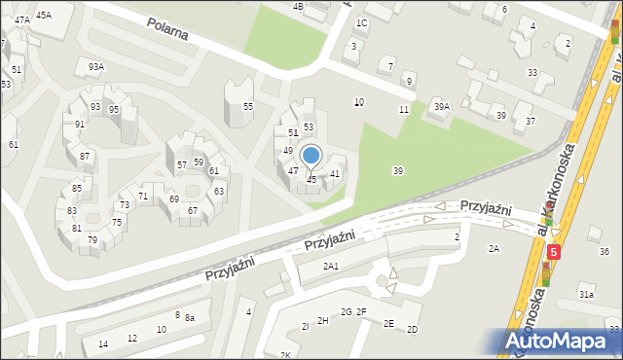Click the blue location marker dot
point(311,155)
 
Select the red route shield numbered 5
point(554,251)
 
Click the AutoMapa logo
point(560,342)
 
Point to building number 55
point(248,106)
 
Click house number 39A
point(442,107)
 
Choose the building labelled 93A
point(95,66)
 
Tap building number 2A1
point(331,267)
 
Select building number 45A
point(43,16)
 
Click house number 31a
point(586,294)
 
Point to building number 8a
point(191,318)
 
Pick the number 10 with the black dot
point(359,102)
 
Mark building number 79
point(92,239)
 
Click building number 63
point(219,191)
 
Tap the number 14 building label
point(103,344)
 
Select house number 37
point(531,121)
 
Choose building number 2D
point(412,330)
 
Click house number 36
point(604,252)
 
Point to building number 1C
point(362,22)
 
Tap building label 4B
point(298,6)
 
